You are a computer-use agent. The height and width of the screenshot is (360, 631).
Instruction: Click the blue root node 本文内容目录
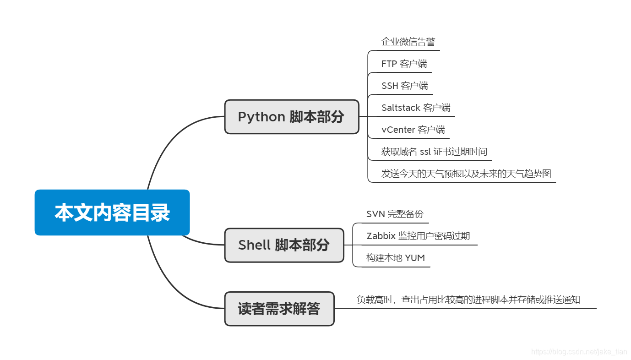click(112, 213)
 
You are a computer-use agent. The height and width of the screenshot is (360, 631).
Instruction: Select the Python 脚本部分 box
click(291, 117)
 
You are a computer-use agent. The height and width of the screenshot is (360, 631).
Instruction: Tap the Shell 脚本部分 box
click(284, 245)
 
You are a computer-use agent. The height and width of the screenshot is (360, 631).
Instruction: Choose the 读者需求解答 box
click(279, 309)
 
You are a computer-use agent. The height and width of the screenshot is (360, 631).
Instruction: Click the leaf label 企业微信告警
click(408, 42)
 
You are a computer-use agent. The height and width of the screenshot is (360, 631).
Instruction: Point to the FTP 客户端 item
click(404, 64)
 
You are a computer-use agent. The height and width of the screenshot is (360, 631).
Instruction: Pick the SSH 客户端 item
click(404, 86)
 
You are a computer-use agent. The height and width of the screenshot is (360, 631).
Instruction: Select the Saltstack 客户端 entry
click(415, 108)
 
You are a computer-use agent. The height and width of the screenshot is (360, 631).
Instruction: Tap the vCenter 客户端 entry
click(413, 130)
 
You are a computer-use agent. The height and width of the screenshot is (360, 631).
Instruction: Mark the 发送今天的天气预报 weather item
click(466, 174)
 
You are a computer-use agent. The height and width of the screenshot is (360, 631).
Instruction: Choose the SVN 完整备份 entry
click(395, 214)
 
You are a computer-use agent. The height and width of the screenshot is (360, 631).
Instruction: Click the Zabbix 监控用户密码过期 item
click(418, 236)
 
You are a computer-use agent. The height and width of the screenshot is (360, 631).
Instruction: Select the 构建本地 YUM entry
click(395, 258)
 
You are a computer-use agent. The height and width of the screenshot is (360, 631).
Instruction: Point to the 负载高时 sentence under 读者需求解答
click(468, 300)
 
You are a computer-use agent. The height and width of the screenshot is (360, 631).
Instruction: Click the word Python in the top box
click(261, 117)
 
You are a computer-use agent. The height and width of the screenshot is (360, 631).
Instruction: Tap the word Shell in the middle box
click(255, 245)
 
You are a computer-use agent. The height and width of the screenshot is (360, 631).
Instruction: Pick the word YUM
click(415, 258)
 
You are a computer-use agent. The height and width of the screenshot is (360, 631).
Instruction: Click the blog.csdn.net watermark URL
click(579, 352)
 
